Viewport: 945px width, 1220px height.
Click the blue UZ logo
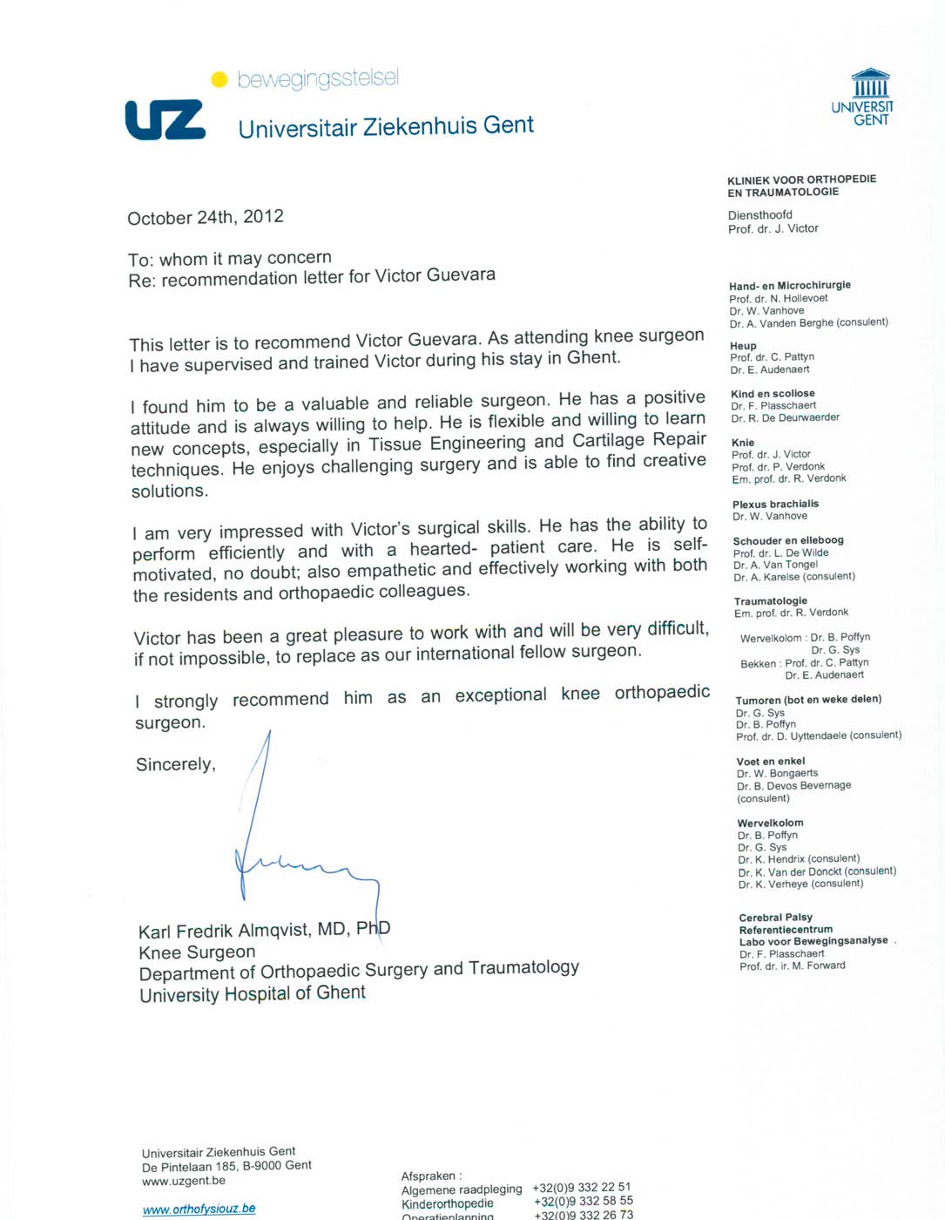tap(165, 119)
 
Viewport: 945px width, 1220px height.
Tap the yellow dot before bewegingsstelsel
tap(219, 80)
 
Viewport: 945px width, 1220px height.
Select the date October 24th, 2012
tap(206, 217)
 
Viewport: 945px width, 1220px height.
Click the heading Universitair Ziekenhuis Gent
tap(386, 127)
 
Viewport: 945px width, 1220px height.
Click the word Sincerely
tap(175, 764)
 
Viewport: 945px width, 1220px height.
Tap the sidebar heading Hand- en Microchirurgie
tap(790, 285)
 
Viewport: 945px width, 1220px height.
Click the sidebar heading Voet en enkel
tap(771, 761)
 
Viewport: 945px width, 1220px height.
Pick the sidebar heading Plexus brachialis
tap(775, 504)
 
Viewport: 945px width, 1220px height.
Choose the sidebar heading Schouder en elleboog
tap(788, 540)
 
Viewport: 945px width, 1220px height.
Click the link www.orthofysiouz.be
tap(199, 1209)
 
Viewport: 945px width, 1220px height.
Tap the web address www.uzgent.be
tap(184, 1181)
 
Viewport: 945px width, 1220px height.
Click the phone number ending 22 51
tap(582, 1187)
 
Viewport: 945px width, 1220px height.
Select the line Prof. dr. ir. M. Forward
tap(792, 966)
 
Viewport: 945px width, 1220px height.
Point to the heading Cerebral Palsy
tap(775, 917)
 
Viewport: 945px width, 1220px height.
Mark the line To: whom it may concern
tap(230, 258)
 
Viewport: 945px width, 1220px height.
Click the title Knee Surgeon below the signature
tap(197, 952)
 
